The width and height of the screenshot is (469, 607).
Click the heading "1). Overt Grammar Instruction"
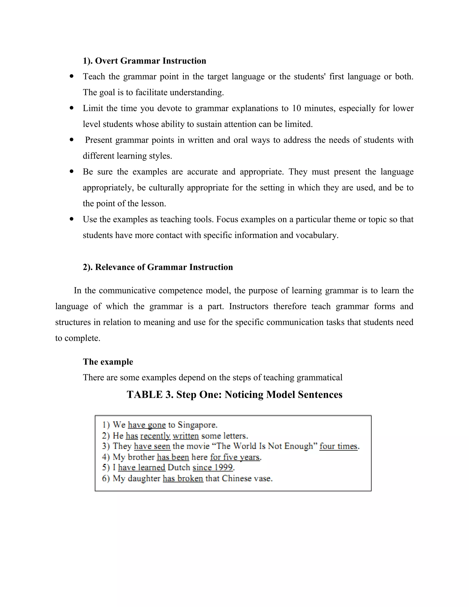144,61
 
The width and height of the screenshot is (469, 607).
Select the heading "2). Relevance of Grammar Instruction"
158,267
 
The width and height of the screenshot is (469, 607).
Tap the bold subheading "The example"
108,362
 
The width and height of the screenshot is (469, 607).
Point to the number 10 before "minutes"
297,108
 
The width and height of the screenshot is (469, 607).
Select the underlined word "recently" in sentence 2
155,436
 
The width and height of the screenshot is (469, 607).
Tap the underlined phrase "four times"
338,446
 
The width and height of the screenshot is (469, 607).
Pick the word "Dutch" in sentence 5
179,468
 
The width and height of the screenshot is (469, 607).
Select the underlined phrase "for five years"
235,457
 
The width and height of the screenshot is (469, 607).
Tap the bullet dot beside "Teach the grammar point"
72,76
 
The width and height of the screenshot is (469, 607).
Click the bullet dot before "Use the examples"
72,219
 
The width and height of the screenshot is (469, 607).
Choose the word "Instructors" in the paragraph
249,306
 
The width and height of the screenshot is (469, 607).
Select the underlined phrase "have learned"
142,468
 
